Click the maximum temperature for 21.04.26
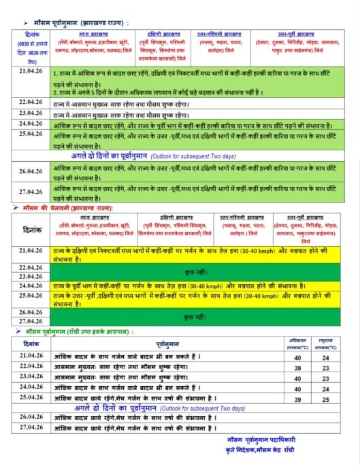[297, 356]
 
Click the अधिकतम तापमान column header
[297, 342]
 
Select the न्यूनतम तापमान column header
[326, 342]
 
